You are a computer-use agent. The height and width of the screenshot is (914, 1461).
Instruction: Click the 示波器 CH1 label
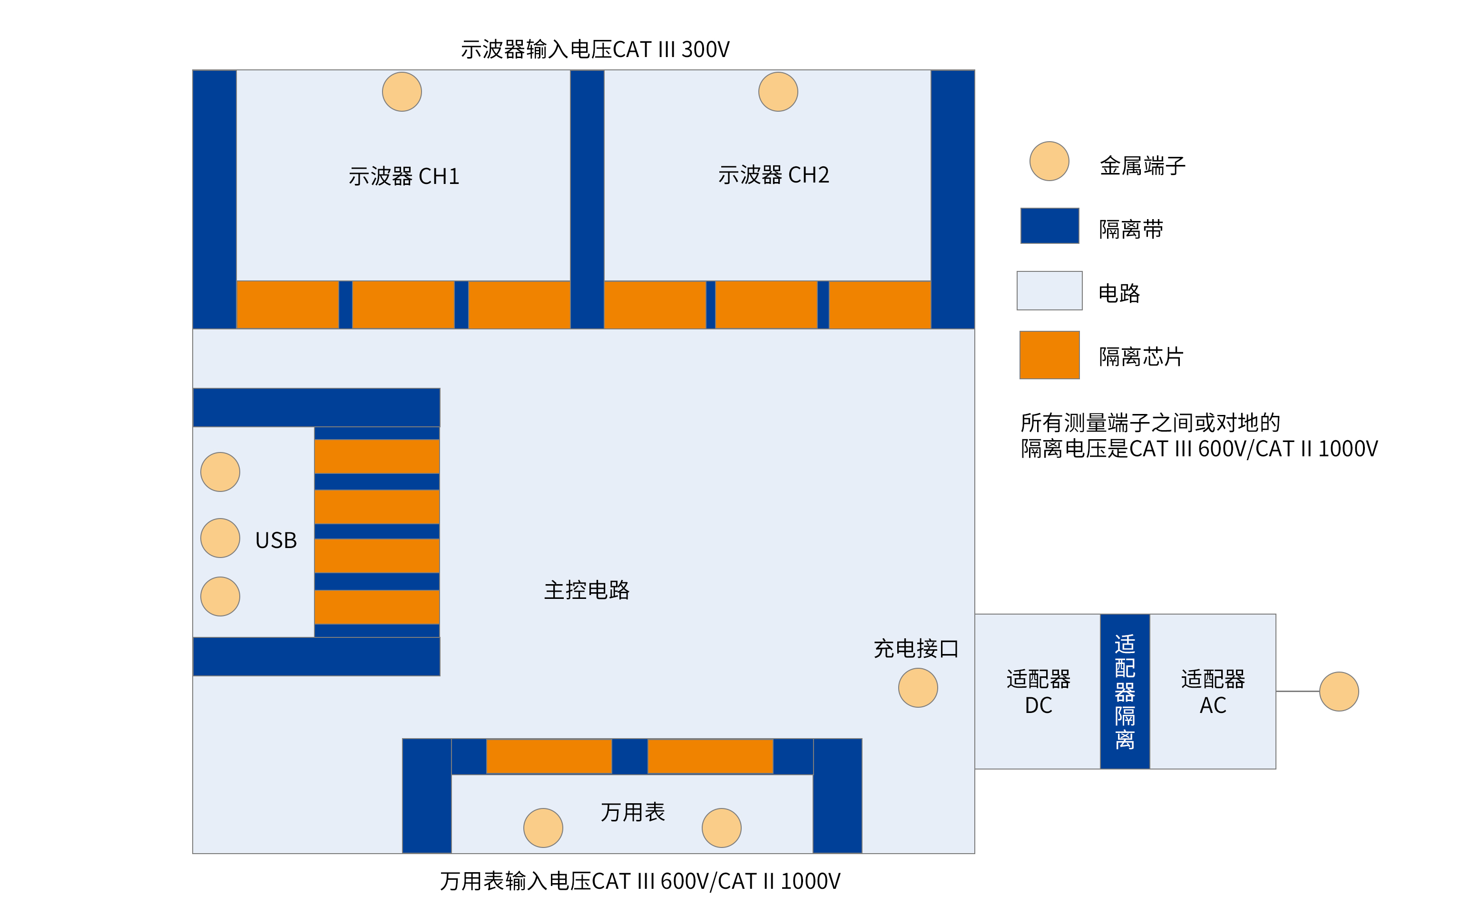403,176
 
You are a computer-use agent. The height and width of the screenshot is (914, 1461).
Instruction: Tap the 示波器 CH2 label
773,175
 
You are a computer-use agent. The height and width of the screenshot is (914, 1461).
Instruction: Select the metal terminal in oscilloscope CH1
402,92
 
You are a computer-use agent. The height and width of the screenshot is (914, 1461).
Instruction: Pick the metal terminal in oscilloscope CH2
778,92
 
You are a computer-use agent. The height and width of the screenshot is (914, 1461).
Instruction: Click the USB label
276,540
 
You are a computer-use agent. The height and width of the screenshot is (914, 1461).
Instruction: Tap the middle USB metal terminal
220,538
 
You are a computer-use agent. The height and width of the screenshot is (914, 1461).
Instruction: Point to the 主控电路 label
587,590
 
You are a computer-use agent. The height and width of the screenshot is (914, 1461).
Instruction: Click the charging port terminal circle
918,688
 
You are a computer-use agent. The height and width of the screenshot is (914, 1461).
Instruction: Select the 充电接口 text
916,649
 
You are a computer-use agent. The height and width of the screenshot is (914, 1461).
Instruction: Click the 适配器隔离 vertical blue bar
1125,692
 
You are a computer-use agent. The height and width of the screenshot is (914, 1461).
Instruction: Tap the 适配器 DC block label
1038,692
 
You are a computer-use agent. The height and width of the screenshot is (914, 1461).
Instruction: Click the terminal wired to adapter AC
1339,692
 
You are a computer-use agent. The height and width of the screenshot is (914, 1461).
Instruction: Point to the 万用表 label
633,812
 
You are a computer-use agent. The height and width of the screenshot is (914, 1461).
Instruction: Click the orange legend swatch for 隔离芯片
1049,355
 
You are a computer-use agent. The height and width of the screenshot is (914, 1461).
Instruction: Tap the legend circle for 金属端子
1049,162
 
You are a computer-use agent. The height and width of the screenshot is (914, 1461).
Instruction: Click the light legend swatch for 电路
1049,291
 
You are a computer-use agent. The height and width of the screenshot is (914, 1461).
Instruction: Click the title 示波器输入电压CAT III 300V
595,49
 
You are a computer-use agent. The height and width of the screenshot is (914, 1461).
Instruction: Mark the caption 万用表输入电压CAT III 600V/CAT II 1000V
640,881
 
